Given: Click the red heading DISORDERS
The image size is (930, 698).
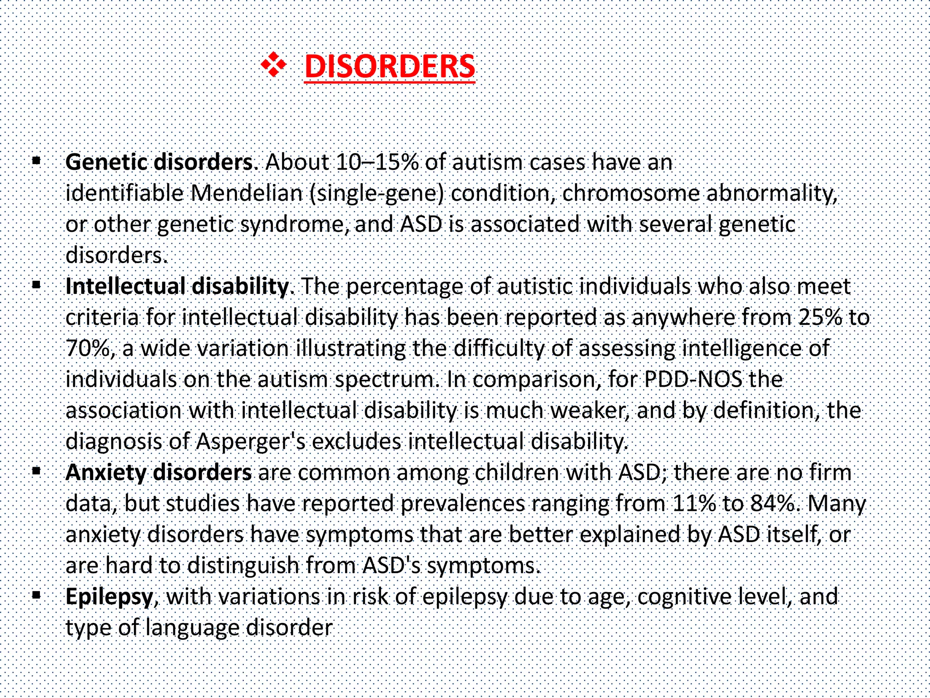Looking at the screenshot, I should pyautogui.click(x=390, y=66).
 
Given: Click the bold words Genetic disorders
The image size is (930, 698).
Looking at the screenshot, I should pyautogui.click(x=161, y=162).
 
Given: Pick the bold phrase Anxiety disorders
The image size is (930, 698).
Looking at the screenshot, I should pyautogui.click(x=158, y=473).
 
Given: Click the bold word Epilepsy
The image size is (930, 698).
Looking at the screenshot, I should pyautogui.click(x=109, y=597).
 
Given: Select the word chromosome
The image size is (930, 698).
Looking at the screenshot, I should pyautogui.click(x=631, y=193).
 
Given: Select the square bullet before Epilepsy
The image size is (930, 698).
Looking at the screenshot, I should pyautogui.click(x=37, y=594).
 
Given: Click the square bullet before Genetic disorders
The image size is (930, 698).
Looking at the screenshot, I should pyautogui.click(x=37, y=160).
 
